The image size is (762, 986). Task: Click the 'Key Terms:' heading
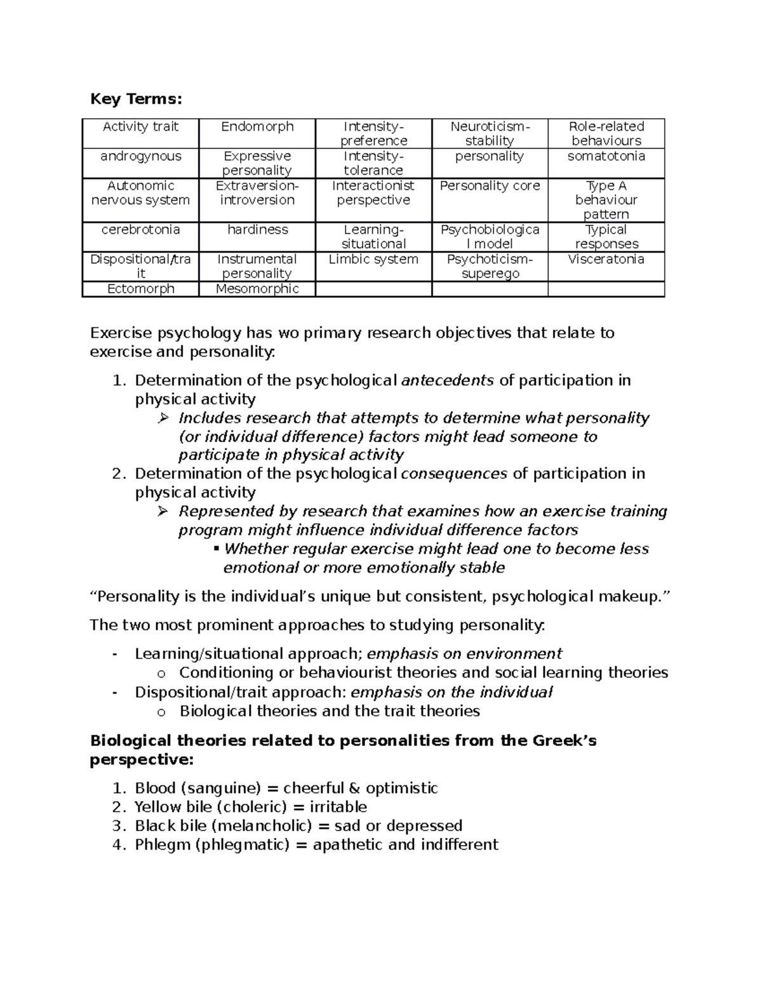coord(136,99)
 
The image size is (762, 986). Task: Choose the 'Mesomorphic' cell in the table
coord(257,289)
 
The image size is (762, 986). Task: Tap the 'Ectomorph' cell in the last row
coord(140,289)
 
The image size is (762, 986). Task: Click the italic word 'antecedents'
coord(448,380)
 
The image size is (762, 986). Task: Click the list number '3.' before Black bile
coord(119,826)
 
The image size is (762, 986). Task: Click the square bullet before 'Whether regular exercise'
coord(217,548)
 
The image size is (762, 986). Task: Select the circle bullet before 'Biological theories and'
coord(161,712)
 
